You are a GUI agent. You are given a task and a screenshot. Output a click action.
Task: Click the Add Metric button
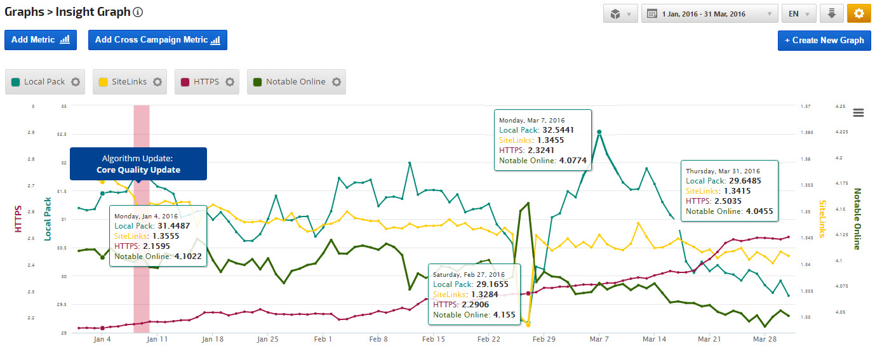point(41,39)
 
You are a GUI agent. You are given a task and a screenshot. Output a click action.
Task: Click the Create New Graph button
point(824,40)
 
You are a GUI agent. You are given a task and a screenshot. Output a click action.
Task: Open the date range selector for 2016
point(709,14)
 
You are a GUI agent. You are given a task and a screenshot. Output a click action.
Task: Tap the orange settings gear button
point(859,14)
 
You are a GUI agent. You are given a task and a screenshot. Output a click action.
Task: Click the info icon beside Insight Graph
point(138,12)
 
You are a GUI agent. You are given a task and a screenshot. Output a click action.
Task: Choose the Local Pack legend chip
point(44,82)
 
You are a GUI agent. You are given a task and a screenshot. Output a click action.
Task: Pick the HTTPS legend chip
point(206,82)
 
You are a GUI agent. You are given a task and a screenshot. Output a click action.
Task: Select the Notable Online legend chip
point(296,82)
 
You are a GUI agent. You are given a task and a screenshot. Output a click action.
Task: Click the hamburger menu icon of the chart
point(858,112)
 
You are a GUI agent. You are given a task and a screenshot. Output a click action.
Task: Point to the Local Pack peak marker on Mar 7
point(599,132)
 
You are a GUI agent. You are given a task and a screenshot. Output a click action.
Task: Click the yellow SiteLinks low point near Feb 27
point(528,324)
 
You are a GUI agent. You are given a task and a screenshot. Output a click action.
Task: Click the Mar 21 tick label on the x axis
point(709,340)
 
